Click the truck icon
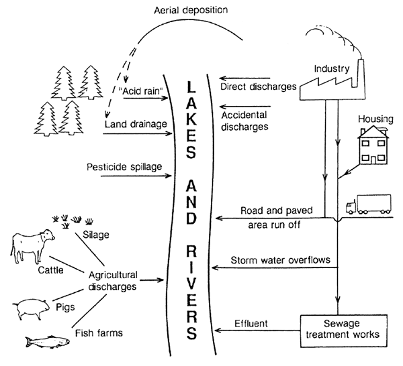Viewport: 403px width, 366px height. pyautogui.click(x=369, y=206)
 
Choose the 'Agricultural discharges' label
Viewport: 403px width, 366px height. pyautogui.click(x=112, y=280)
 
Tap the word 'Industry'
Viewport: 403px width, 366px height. pyautogui.click(x=332, y=68)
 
